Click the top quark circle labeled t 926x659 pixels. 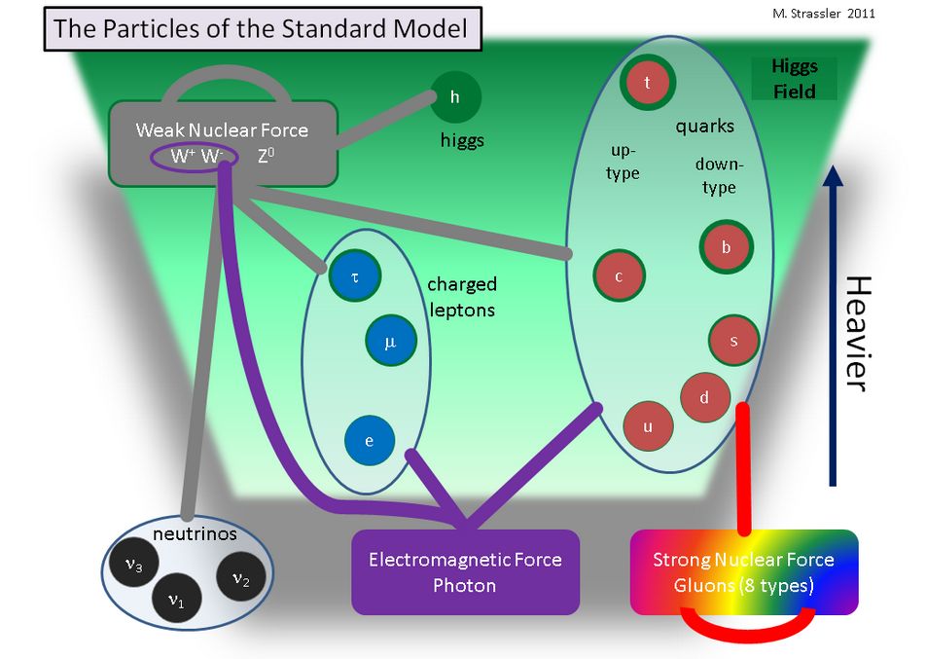[x=648, y=84]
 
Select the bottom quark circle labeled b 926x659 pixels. [x=726, y=247]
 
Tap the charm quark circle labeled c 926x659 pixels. [x=619, y=275]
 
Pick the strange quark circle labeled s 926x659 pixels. [x=733, y=340]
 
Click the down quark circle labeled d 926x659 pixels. [x=705, y=397]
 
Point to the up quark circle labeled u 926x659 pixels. [x=647, y=426]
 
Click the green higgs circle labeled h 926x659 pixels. [x=455, y=96]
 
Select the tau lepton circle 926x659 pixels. [x=355, y=275]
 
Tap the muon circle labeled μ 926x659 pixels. [x=391, y=342]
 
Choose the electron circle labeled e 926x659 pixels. [x=370, y=440]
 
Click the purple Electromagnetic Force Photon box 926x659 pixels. [x=465, y=572]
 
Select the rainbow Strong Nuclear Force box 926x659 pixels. [x=743, y=572]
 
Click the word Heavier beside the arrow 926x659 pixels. [x=853, y=332]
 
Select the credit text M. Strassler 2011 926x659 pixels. [x=839, y=13]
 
